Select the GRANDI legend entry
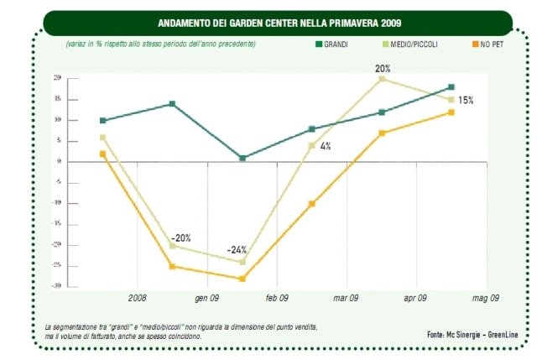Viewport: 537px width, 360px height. pyautogui.click(x=332, y=43)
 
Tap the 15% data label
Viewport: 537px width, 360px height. pyautogui.click(x=466, y=101)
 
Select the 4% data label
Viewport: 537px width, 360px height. pyautogui.click(x=325, y=146)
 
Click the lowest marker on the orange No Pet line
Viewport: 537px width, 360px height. pyautogui.click(x=242, y=279)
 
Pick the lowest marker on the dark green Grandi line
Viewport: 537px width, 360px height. pyautogui.click(x=242, y=158)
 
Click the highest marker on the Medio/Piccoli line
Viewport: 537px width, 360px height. pyautogui.click(x=382, y=79)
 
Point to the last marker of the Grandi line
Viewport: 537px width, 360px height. pyautogui.click(x=451, y=87)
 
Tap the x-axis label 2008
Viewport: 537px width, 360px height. pyautogui.click(x=137, y=298)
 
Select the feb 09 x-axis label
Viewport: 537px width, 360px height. pyautogui.click(x=277, y=298)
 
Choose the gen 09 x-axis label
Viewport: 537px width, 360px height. pyautogui.click(x=206, y=298)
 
